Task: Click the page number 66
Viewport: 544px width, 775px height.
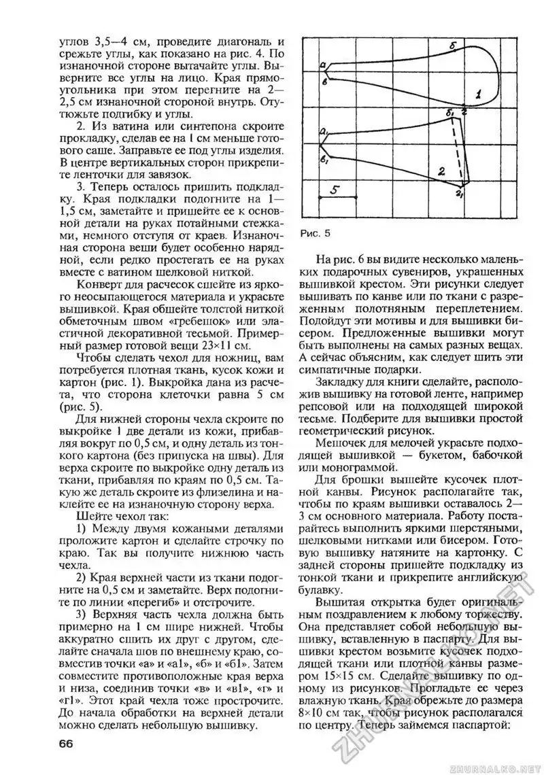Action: coord(66,742)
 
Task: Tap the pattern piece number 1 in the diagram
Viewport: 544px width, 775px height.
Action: coord(478,95)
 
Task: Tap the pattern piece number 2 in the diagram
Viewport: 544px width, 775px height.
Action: coord(441,172)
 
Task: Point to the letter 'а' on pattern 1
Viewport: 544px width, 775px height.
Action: coord(323,65)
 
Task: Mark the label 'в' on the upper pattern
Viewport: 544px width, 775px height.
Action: coord(325,82)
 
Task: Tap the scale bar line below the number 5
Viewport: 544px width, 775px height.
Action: coord(338,198)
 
